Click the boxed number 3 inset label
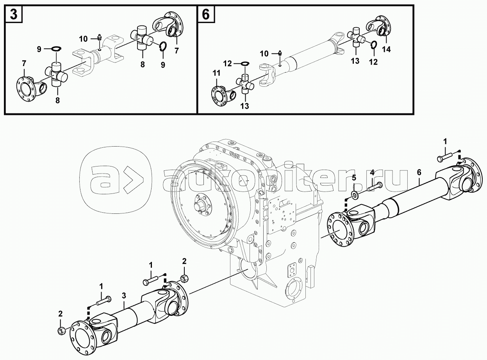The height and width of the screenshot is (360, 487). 13,14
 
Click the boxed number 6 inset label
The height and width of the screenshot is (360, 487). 206,14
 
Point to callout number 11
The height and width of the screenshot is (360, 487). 216,73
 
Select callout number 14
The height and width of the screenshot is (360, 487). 387,49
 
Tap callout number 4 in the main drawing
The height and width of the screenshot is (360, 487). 372,172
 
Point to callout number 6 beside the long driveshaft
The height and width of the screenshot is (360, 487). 419,172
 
